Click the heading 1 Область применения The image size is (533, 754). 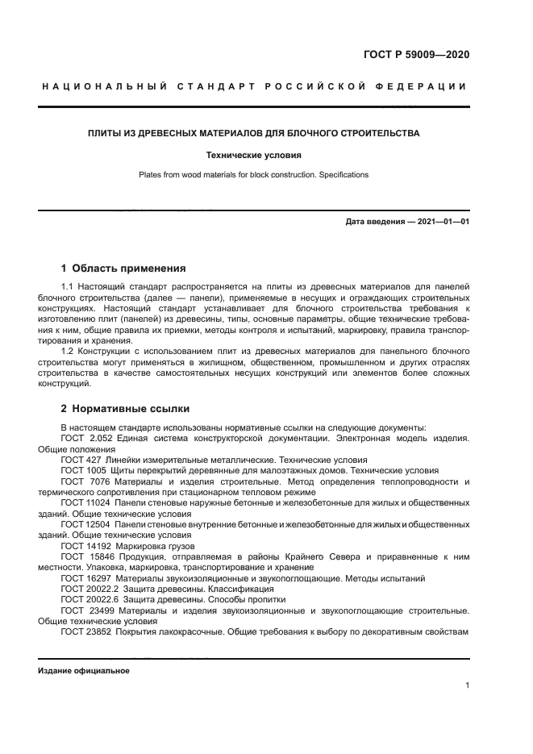click(123, 268)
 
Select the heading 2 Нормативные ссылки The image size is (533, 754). click(125, 408)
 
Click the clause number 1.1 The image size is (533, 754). click(69, 287)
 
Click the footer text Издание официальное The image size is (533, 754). click(83, 671)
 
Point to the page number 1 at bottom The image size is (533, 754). click(467, 685)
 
